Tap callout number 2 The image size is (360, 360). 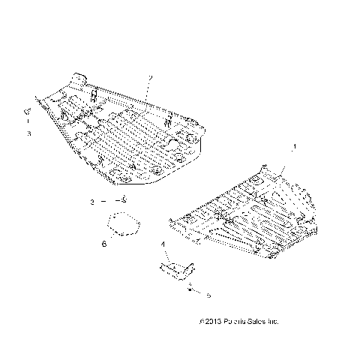[x=151, y=78]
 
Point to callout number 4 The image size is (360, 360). [x=163, y=245]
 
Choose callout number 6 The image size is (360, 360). [x=104, y=244]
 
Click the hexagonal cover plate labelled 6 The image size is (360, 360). [x=122, y=226]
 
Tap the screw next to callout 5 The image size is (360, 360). [x=190, y=288]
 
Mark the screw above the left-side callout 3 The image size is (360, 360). [x=27, y=113]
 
